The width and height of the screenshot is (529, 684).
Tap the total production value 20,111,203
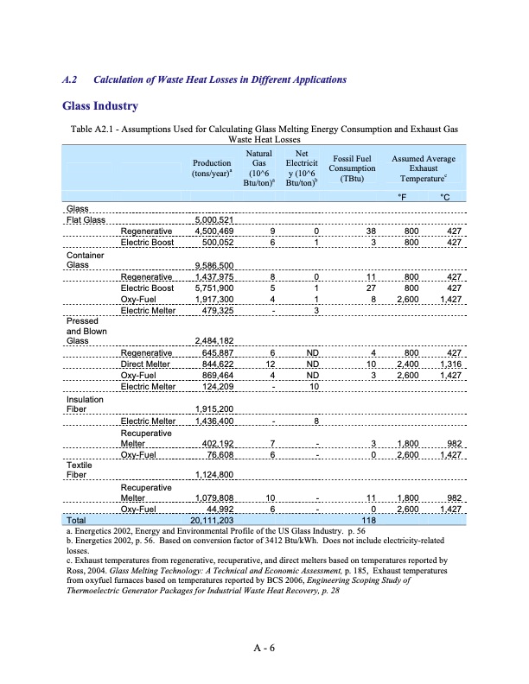[x=211, y=521]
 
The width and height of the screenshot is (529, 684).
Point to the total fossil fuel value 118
[x=367, y=521]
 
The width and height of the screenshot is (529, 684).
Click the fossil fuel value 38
[x=370, y=231]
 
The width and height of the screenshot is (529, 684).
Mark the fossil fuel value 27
[x=370, y=288]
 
